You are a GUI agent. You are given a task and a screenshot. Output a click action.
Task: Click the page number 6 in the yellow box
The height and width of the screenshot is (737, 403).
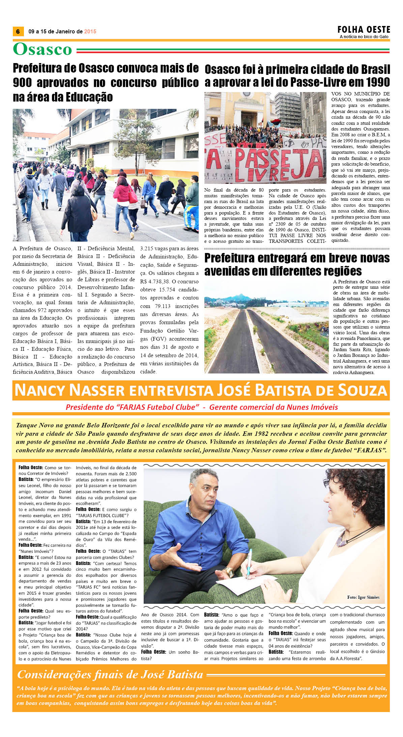[x=18, y=31]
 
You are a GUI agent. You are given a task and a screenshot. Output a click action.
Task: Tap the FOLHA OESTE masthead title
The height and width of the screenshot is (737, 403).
[x=364, y=30]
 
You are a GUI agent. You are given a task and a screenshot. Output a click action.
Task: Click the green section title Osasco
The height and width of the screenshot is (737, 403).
[x=42, y=50]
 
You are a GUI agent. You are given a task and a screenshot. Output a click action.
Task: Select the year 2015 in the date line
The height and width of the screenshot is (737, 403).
[x=90, y=31]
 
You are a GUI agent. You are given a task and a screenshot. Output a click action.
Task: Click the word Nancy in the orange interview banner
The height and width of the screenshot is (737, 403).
[x=41, y=390]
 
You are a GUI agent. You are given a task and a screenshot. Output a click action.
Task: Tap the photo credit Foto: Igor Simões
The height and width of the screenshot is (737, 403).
[x=363, y=597]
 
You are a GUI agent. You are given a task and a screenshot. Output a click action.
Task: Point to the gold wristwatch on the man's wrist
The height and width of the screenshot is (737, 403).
[x=229, y=571]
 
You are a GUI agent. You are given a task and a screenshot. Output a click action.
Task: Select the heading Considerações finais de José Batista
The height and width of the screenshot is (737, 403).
[x=110, y=674]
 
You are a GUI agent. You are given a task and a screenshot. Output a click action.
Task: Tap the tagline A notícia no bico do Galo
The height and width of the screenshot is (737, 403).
[x=364, y=37]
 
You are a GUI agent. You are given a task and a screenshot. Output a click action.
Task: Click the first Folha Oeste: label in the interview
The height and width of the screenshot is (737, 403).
[x=31, y=467]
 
